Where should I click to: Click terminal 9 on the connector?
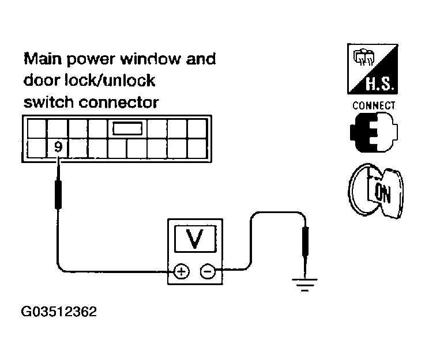pos(58,147)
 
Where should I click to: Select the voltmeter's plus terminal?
pos(181,271)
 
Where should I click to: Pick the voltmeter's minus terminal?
pos(207,271)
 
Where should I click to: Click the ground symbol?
pos(304,283)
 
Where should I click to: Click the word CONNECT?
pos(374,106)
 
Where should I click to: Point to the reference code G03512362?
pos(59,312)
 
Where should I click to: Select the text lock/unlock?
pos(110,80)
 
